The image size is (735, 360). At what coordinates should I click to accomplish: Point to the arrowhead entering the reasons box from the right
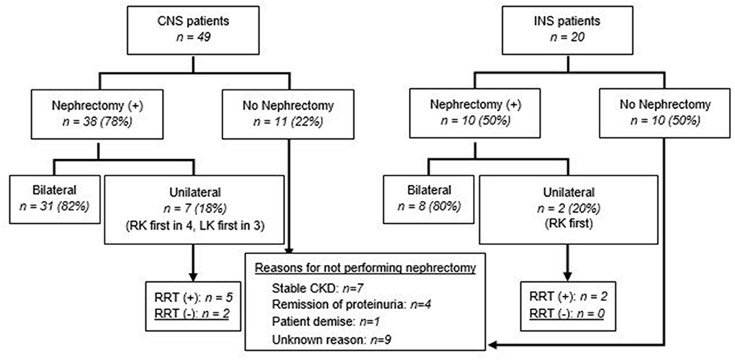click(492, 346)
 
